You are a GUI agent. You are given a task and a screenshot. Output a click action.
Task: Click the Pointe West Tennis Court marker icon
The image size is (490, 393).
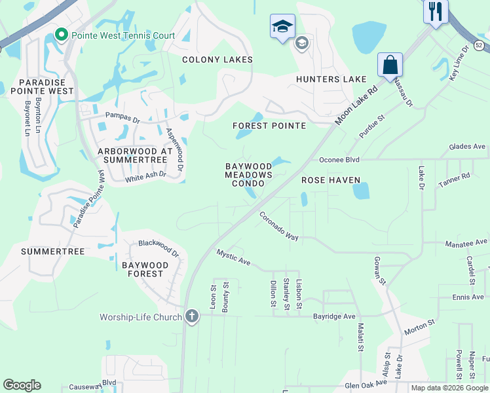tap(62, 34)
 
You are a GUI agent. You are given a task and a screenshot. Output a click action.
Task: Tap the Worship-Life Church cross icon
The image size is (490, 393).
tap(191, 316)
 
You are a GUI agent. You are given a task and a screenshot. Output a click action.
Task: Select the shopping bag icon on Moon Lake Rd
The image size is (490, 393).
tap(390, 65)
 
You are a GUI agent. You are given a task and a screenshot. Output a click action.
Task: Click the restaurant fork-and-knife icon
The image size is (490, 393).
tap(436, 10)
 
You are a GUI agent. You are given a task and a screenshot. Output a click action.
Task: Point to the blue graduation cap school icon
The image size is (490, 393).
tap(282, 26)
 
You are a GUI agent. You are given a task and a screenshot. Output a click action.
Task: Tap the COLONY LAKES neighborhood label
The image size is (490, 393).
tap(217, 60)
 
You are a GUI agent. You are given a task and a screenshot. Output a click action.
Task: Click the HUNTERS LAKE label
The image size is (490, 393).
tap(331, 79)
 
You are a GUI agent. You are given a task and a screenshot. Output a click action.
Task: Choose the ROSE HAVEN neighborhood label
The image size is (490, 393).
tap(331, 179)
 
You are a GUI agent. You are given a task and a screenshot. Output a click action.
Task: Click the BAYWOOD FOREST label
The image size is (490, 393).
tap(145, 269)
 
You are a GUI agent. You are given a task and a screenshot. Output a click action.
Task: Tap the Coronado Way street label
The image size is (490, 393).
tap(278, 225)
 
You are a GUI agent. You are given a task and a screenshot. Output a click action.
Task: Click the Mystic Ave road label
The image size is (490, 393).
tap(234, 257)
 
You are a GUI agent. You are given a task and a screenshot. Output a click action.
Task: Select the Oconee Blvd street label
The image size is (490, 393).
tap(340, 159)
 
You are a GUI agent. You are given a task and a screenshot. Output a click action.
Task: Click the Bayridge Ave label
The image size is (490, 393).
tap(334, 316)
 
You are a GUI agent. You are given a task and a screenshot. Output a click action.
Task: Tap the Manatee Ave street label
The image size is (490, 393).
tap(467, 243)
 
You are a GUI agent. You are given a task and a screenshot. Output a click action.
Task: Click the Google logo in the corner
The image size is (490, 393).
tap(22, 385)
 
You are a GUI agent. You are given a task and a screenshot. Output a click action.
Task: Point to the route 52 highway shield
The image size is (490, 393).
tap(480, 44)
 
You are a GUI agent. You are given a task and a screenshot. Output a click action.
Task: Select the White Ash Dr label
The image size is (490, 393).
tap(145, 176)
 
